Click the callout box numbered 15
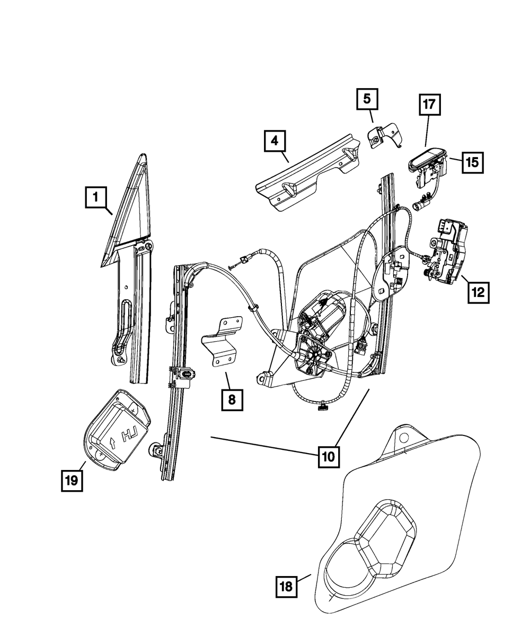[472, 162]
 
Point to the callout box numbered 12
[478, 291]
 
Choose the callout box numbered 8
[232, 399]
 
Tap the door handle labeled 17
[427, 158]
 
